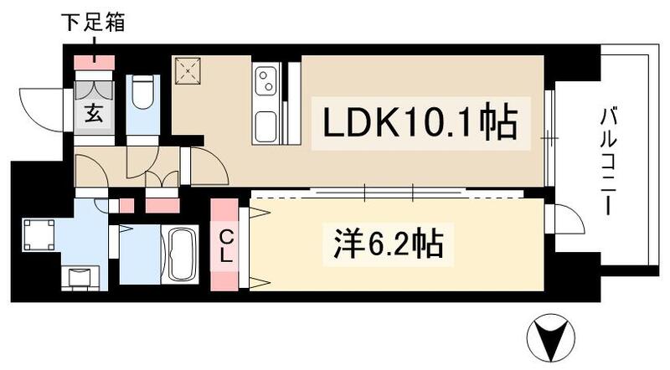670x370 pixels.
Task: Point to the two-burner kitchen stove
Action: click(267, 82)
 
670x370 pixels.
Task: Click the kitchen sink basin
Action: click(267, 126)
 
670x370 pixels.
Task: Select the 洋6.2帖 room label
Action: click(384, 245)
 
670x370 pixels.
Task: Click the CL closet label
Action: click(225, 243)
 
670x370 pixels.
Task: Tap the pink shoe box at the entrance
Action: click(94, 63)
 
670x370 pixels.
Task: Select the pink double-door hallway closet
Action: click(162, 203)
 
